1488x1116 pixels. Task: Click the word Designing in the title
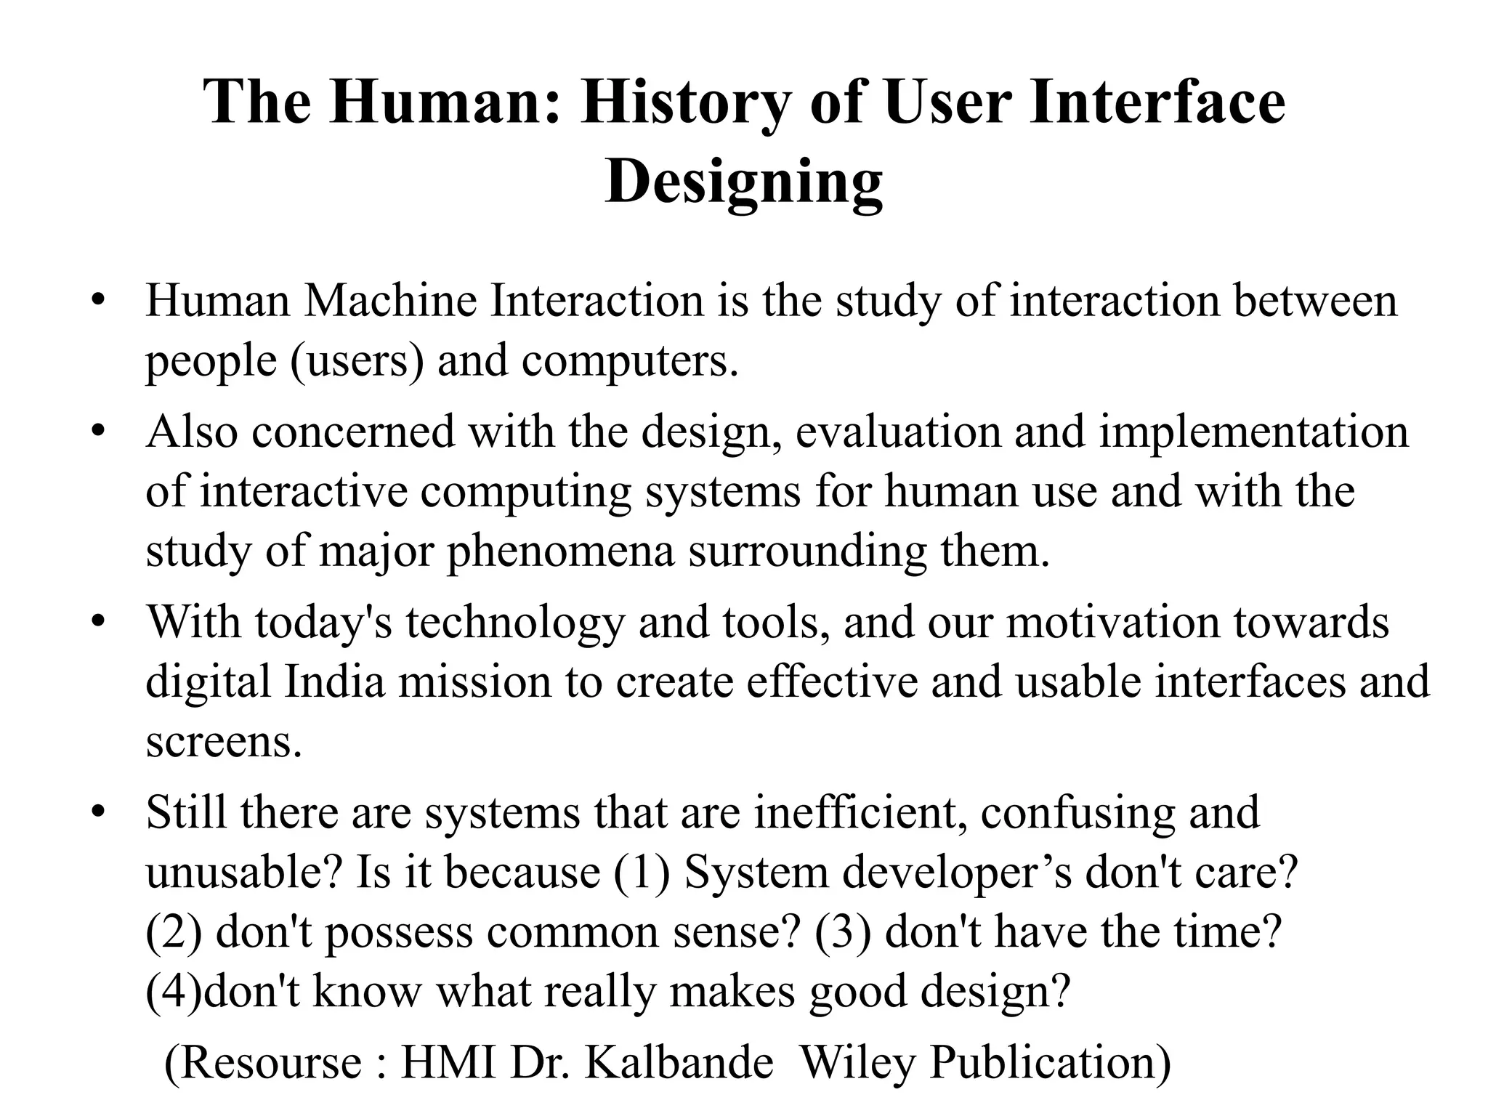pyautogui.click(x=743, y=182)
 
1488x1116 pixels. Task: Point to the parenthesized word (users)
pyautogui.click(x=357, y=360)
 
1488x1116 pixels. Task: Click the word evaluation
pyautogui.click(x=898, y=431)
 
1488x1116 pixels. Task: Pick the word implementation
pyautogui.click(x=1253, y=431)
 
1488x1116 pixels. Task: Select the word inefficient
pyautogui.click(x=860, y=812)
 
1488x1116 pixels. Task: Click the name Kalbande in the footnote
pyautogui.click(x=679, y=1062)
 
